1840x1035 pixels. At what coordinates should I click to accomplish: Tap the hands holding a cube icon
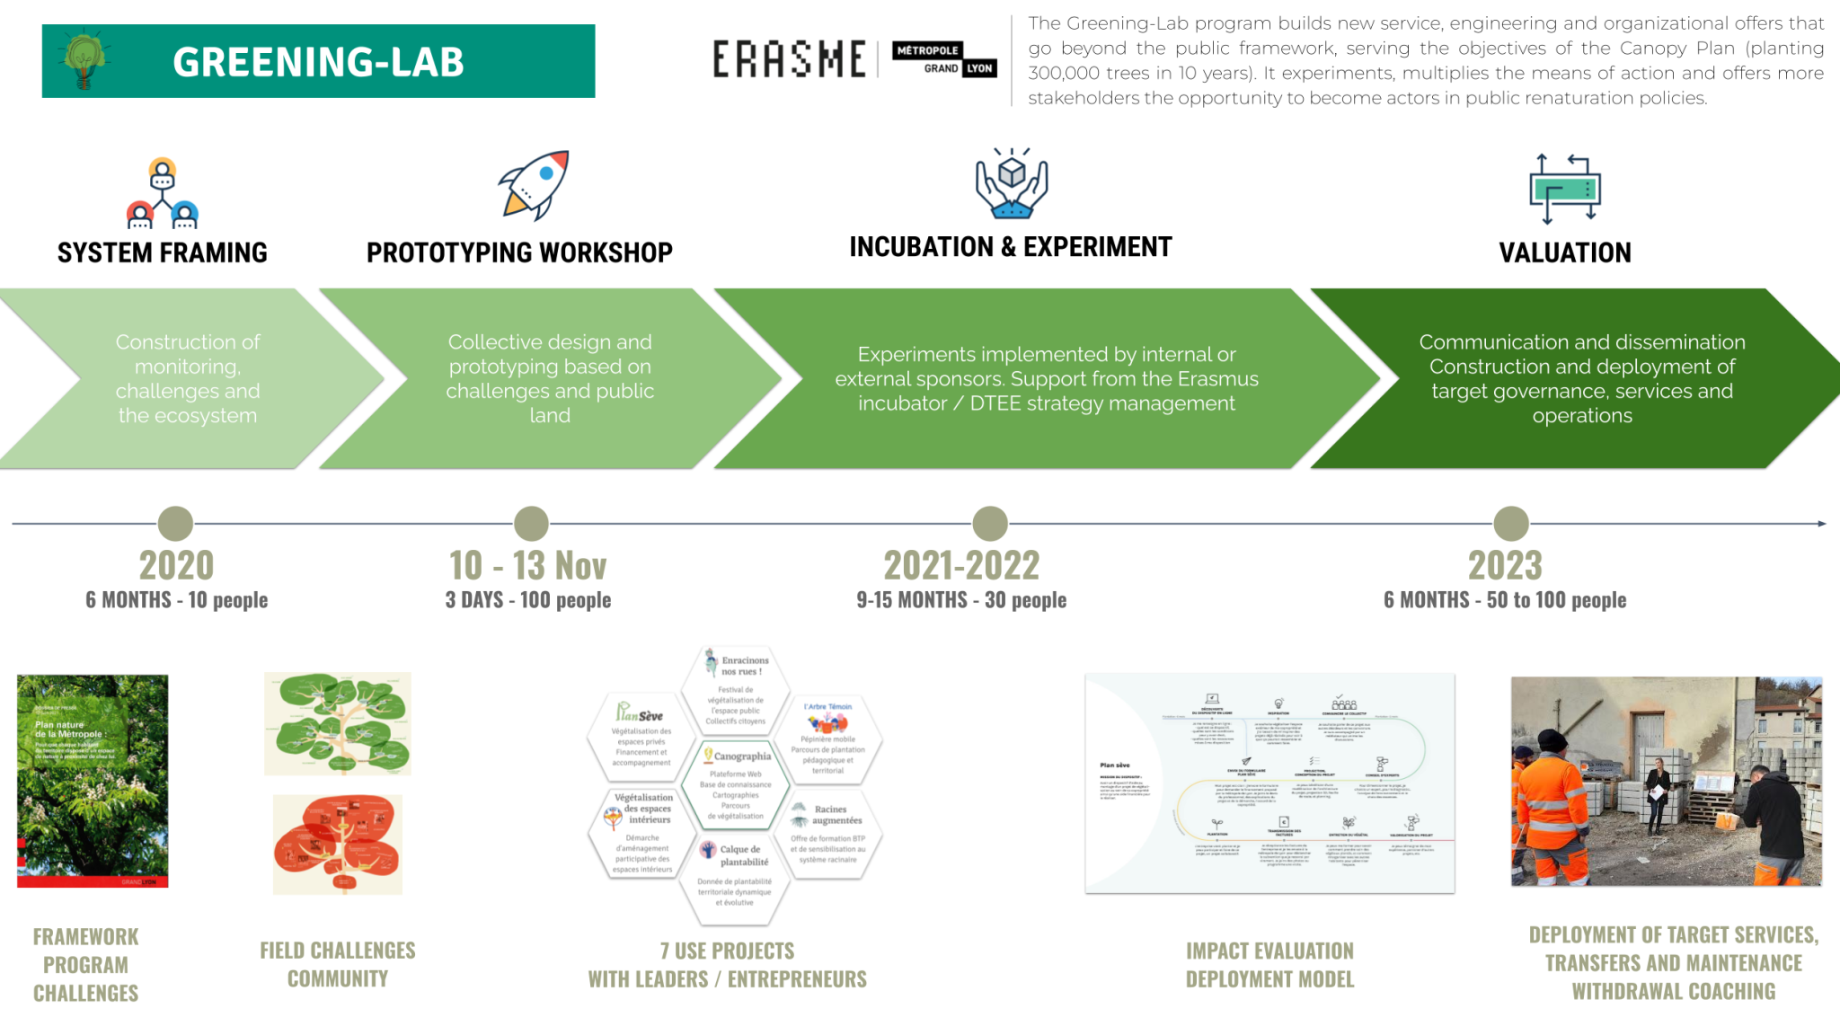coord(1012,183)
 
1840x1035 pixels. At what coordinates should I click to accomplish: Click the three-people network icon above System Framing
coord(163,192)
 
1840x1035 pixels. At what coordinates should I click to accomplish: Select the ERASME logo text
coord(790,60)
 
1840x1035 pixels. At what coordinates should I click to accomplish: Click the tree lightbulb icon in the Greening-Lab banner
coord(84,61)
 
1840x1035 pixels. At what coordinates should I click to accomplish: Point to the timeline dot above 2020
coord(175,524)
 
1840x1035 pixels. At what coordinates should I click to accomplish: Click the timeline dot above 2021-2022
coord(990,524)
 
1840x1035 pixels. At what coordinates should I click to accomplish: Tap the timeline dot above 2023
coord(1511,524)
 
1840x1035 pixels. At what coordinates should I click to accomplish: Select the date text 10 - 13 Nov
coord(528,566)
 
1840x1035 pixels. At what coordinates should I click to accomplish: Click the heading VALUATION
coord(1565,253)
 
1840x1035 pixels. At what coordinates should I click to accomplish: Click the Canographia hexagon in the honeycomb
coord(736,784)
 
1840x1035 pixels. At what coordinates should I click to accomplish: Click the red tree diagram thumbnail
coord(338,845)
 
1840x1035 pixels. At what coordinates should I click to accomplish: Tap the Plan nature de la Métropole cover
coord(93,781)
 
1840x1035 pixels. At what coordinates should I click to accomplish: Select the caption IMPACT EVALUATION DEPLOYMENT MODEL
coord(1269,965)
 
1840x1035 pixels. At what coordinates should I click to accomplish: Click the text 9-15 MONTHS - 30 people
coord(961,600)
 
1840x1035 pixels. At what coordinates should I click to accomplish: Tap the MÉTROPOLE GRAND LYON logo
coord(945,59)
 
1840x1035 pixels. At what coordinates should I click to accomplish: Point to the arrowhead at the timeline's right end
coord(1822,524)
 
